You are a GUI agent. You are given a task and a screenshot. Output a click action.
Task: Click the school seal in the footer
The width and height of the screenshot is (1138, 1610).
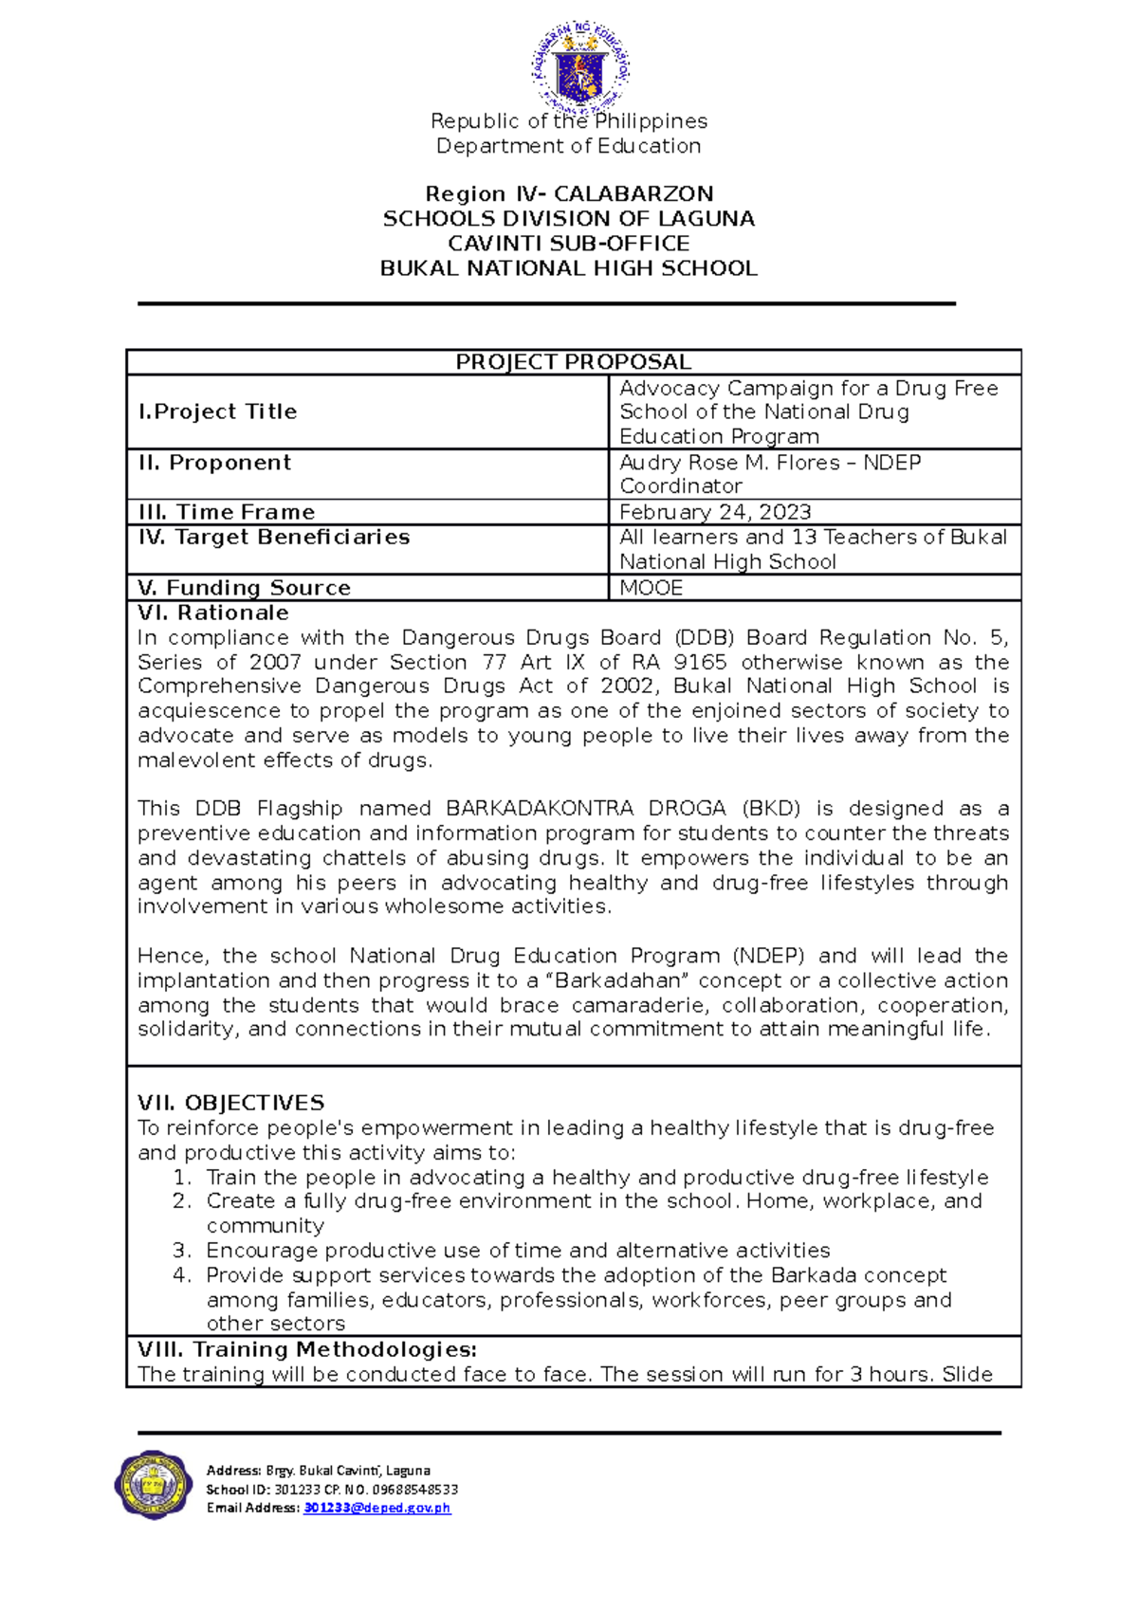point(154,1485)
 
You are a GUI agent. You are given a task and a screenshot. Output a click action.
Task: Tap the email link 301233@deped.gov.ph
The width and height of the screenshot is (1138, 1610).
point(376,1508)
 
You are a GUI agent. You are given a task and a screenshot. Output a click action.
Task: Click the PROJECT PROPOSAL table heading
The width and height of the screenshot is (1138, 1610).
point(573,362)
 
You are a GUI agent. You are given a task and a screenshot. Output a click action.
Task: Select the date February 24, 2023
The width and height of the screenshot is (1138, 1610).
point(715,512)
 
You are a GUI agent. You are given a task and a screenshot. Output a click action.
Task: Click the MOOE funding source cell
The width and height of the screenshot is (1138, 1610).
point(651,588)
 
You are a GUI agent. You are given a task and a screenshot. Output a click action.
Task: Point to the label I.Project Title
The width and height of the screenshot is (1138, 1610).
point(217,412)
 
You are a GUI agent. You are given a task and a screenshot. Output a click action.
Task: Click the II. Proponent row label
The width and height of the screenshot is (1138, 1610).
point(214,463)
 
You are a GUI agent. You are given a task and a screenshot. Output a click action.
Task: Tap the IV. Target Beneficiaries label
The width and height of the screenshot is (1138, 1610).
point(273,538)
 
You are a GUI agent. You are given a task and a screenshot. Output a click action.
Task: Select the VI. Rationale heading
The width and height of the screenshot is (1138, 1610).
point(213,613)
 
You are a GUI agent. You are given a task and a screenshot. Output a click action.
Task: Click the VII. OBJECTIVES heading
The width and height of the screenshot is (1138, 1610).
point(230,1103)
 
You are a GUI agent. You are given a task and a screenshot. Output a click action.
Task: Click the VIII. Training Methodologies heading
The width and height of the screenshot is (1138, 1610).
point(306,1349)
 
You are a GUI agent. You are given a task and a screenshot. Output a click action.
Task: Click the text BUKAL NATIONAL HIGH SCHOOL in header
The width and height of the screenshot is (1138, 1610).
point(568,268)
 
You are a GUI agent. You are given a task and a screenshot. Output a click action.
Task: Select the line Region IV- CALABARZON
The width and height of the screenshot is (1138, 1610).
point(569,194)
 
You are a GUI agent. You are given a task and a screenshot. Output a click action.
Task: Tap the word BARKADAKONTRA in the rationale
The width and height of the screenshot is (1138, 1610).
point(539,809)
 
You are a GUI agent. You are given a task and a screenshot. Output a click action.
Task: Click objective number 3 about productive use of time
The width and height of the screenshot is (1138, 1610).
point(517,1251)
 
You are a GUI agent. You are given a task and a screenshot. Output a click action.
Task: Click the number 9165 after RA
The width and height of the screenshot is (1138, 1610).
point(700,662)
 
